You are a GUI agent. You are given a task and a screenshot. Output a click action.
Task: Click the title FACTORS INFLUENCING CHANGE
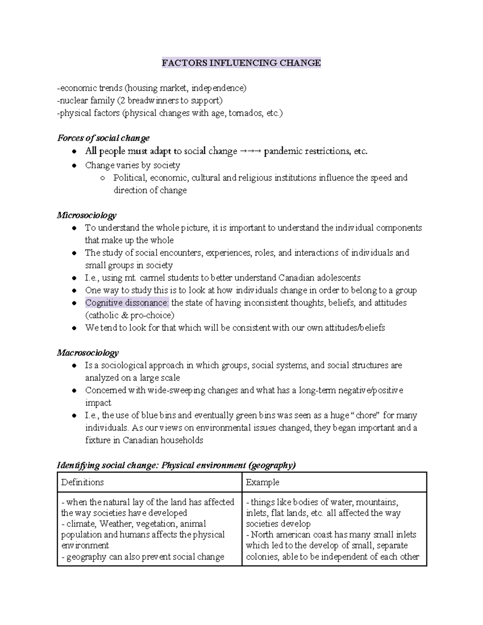tap(241, 63)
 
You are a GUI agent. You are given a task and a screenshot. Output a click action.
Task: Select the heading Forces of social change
tap(103, 138)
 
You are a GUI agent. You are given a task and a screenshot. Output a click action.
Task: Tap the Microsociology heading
tap(87, 215)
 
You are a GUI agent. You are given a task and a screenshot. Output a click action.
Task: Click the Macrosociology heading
tap(88, 353)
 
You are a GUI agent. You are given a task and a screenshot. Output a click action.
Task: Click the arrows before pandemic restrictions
tap(250, 152)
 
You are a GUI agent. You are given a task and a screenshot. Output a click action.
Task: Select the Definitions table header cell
tap(83, 482)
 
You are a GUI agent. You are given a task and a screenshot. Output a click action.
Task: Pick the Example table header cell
tap(262, 482)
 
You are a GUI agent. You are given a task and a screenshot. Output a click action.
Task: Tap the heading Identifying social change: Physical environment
tap(176, 465)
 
